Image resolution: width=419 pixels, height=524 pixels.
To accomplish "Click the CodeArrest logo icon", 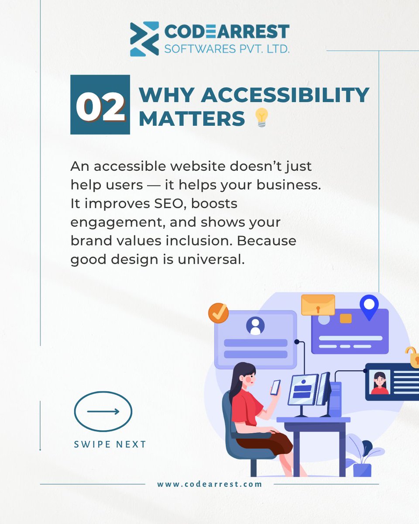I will point(144,39).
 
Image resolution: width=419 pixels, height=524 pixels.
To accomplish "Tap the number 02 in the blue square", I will point(100,105).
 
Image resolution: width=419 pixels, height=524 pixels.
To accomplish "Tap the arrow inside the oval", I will point(103,411).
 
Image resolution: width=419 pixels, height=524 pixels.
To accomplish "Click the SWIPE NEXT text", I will point(110,445).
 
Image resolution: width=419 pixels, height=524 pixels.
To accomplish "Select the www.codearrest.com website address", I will point(209,484).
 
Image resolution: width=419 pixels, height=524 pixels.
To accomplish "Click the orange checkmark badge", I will point(218,313).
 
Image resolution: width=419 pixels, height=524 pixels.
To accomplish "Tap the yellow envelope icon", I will point(318,305).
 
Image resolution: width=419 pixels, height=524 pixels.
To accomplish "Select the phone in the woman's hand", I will point(275,387).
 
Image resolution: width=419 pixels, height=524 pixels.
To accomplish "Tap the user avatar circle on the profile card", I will point(255,325).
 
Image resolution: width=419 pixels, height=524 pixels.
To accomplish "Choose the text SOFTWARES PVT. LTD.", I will point(227,48).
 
